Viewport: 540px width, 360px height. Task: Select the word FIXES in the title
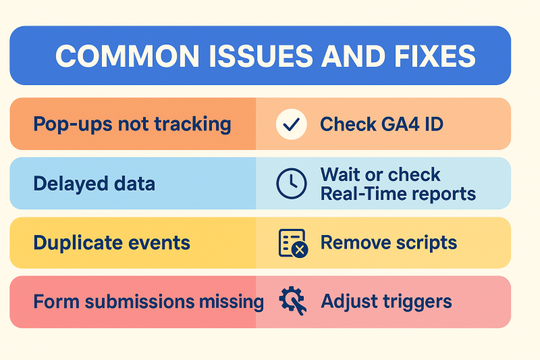pos(435,56)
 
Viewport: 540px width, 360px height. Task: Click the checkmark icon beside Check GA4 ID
pos(292,124)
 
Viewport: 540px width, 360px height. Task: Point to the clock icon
pos(292,184)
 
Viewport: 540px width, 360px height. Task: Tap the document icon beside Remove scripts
pos(293,243)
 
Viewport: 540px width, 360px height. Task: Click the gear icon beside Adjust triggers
pos(293,301)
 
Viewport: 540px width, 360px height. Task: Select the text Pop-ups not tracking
pos(132,124)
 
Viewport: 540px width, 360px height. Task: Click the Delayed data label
pos(94,184)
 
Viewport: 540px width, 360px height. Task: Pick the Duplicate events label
pos(112,243)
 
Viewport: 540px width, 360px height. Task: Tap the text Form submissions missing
pos(148,302)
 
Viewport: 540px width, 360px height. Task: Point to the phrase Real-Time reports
pos(398,194)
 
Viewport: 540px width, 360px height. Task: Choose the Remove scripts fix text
pos(389,242)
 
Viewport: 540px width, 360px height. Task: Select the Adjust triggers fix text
pos(386,302)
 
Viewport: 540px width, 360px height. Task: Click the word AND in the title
pos(354,56)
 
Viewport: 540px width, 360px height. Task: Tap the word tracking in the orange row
pos(192,124)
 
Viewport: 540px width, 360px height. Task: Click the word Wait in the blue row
pos(341,174)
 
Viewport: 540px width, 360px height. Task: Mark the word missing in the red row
pos(232,302)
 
